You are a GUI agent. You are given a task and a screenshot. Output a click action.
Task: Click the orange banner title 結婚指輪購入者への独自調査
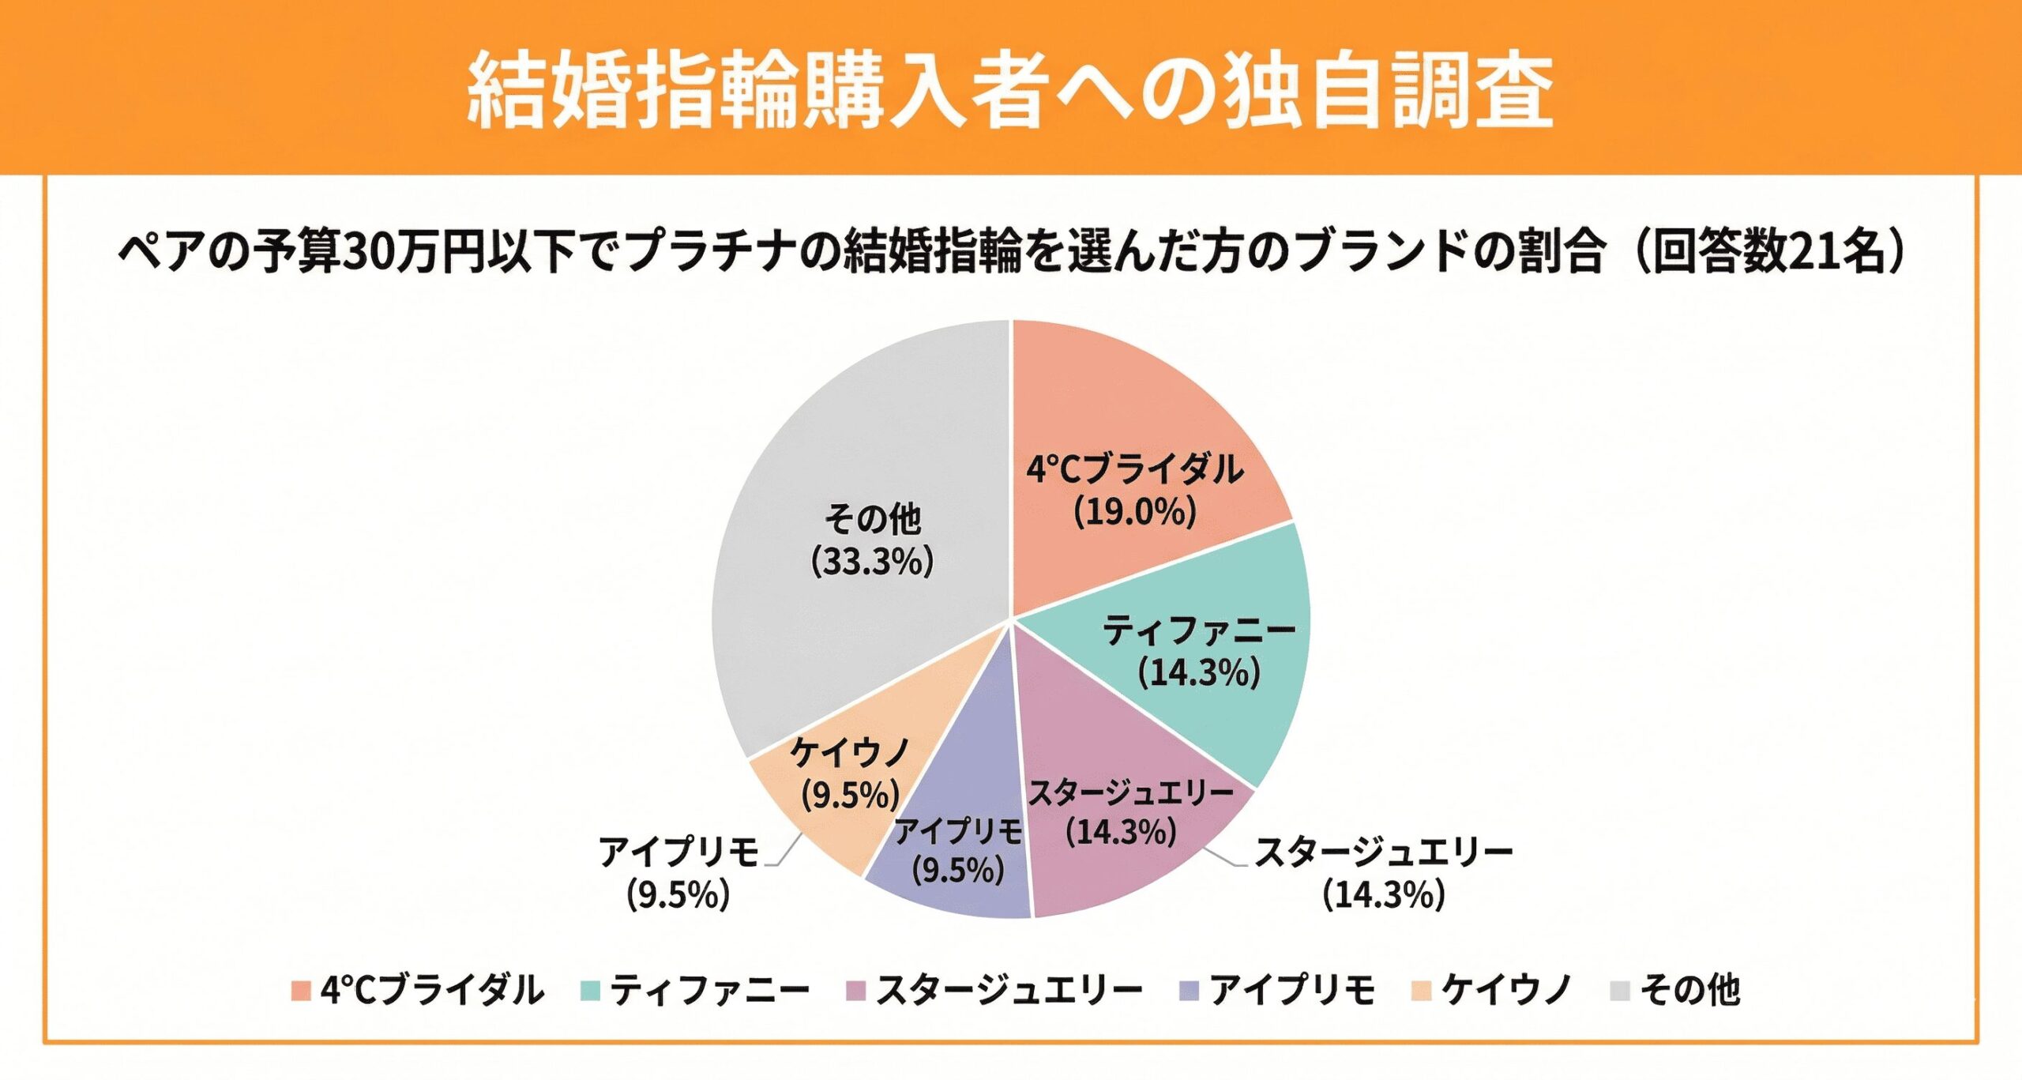tap(1010, 88)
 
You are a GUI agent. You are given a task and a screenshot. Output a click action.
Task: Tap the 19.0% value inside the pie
tap(1134, 512)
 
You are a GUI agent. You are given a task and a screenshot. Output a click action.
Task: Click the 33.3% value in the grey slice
tap(872, 562)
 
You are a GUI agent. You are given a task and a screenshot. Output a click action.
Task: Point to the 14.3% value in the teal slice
tap(1198, 673)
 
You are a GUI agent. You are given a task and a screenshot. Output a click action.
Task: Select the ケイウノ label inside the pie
tap(850, 752)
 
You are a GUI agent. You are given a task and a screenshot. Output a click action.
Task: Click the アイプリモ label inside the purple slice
tap(958, 830)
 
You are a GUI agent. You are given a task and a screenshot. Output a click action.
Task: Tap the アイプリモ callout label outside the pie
tap(678, 852)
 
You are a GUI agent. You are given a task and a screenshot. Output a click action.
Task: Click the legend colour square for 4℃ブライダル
tap(300, 990)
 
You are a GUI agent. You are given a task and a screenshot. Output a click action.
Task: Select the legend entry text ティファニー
tap(709, 990)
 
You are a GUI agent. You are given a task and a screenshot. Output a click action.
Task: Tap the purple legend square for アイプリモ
tap(1189, 990)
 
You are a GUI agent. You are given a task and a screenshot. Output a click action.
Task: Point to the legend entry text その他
tap(1689, 990)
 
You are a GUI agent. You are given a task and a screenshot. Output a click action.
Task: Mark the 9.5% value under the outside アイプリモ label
tap(678, 895)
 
